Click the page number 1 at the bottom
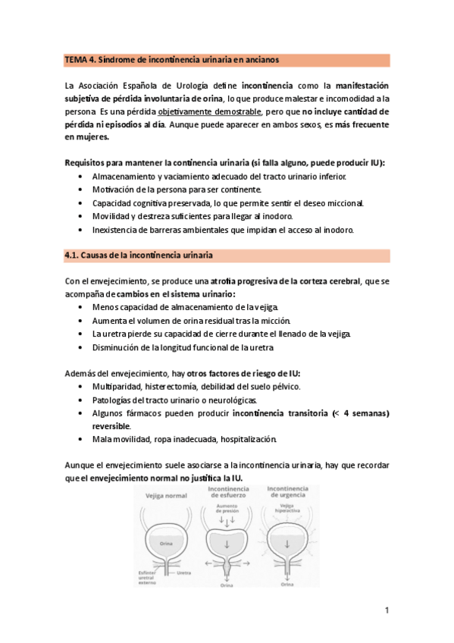point(387,610)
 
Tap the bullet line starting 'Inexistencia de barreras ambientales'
point(223,229)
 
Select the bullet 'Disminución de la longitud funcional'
point(183,347)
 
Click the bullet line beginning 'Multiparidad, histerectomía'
point(196,387)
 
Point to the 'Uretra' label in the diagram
point(184,572)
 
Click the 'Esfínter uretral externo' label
point(146,578)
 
